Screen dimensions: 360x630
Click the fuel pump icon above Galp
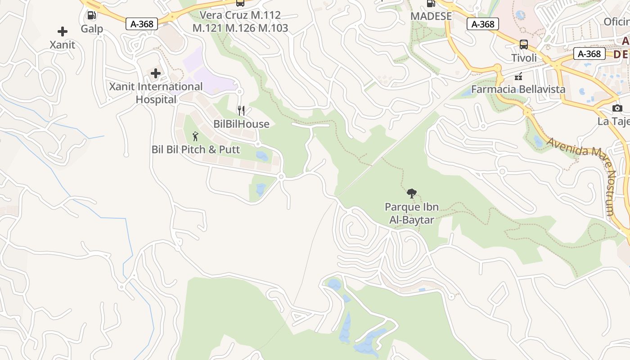[x=91, y=16]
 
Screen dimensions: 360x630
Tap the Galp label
[x=92, y=29]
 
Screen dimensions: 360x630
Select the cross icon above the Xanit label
[x=63, y=31]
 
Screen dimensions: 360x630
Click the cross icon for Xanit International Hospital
[x=156, y=73]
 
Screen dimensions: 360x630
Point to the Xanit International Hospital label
[x=156, y=93]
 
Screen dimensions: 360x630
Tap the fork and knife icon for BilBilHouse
[x=241, y=110]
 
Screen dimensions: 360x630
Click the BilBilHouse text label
[x=241, y=124]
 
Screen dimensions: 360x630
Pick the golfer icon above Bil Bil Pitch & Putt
[x=195, y=136]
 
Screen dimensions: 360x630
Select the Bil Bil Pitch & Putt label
[x=196, y=149]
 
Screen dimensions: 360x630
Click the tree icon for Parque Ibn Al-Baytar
[x=411, y=193]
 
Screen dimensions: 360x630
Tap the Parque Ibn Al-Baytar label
[x=411, y=213]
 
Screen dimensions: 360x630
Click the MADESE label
[x=431, y=16]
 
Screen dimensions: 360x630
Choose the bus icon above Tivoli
[x=524, y=45]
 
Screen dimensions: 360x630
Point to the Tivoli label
[x=524, y=58]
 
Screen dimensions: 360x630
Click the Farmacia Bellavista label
[x=518, y=89]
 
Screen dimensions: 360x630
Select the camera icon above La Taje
[x=617, y=108]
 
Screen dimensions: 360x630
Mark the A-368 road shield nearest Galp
[x=142, y=24]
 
